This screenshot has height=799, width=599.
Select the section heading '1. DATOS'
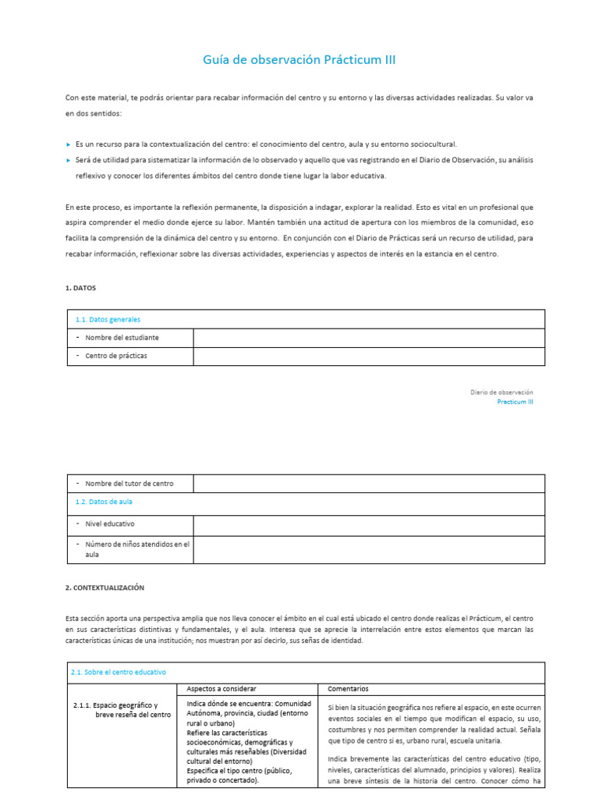coord(80,288)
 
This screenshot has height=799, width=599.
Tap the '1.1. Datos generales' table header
coord(108,319)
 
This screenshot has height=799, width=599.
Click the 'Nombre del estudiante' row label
coord(122,337)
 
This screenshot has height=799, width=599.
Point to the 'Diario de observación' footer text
coord(502,392)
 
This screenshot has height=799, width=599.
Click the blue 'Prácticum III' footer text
coord(515,402)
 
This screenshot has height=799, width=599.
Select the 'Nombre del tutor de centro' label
coord(129,484)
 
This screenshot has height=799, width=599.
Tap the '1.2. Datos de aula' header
coord(105,502)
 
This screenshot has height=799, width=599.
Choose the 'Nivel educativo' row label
coord(110,524)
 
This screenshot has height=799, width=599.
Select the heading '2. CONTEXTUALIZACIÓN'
coord(105,588)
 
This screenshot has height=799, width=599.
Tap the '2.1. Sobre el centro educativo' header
coord(118,672)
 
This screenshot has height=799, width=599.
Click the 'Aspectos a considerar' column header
coord(222,689)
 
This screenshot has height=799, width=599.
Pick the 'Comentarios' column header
coord(348,689)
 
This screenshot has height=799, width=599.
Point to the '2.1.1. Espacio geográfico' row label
coord(121,710)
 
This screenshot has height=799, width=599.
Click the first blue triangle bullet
coord(69,145)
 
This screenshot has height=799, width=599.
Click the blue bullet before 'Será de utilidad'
coord(69,161)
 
